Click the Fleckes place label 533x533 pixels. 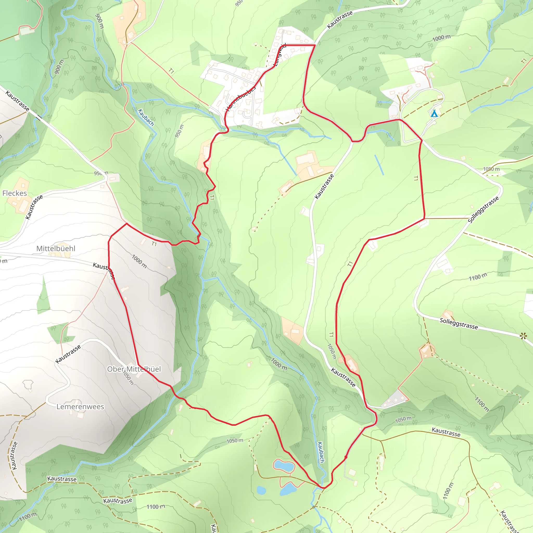pos(15,193)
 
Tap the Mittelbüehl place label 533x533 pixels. pos(56,248)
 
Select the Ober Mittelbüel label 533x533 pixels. pos(134,369)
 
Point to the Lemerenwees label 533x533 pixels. pos(80,407)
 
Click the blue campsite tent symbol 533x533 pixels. pos(434,113)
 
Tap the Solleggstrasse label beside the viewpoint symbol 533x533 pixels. pos(459,323)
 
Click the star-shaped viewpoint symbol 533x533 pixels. pos(523,336)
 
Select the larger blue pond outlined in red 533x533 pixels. pos(284,466)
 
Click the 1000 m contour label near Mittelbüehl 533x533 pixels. pos(139,261)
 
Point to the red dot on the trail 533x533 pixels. pos(346,457)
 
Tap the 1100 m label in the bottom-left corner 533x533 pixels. pos(28,517)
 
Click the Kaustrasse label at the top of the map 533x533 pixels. pos(340,20)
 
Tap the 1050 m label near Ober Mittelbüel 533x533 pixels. pos(128,378)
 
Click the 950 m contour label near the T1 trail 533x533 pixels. pos(179,131)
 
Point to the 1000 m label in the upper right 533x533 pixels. pos(441,38)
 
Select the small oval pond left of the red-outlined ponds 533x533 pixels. pos(261,490)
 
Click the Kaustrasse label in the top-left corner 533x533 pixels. pos(17,101)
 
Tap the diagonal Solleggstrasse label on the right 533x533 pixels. pos(483,210)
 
